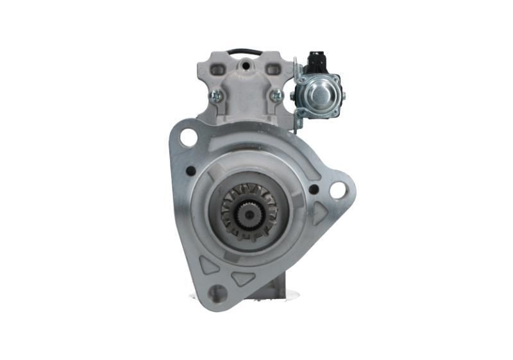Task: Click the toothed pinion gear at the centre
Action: pyautogui.click(x=248, y=210)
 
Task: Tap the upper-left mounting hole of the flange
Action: pyautogui.click(x=188, y=137)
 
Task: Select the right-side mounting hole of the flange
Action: pyautogui.click(x=337, y=190)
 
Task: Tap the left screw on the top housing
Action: pyautogui.click(x=216, y=96)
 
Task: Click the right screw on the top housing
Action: pyautogui.click(x=276, y=95)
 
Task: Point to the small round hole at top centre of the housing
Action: pyautogui.click(x=244, y=65)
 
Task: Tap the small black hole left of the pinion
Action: pyautogui.click(x=190, y=171)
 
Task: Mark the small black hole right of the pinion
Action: pyautogui.click(x=313, y=189)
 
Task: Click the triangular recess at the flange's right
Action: pyautogui.click(x=320, y=216)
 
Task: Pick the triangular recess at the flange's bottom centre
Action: pyautogui.click(x=244, y=278)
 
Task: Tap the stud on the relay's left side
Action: pyautogui.click(x=292, y=97)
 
